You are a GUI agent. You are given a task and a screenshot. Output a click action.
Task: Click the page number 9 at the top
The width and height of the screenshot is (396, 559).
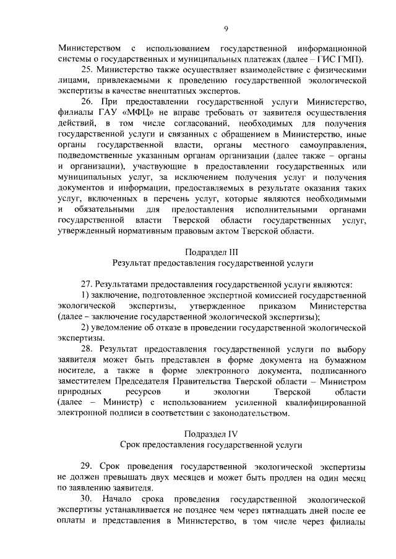pos(226,28)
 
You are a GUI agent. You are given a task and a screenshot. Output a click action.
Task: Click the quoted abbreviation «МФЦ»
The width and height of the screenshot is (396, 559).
pos(137,113)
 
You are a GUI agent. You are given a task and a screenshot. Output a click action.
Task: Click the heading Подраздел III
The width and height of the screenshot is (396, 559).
pos(212,252)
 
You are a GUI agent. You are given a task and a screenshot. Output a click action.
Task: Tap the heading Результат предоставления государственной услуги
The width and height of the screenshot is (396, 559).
pos(212,263)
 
